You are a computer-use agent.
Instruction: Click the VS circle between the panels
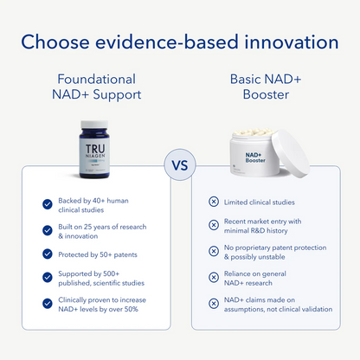[x=180, y=165]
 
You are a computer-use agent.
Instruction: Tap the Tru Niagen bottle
[x=94, y=149]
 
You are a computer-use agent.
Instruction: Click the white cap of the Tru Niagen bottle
[x=94, y=125]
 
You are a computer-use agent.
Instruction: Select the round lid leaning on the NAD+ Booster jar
[x=291, y=153]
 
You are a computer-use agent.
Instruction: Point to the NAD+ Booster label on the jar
[x=255, y=157]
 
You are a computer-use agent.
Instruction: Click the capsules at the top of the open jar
[x=254, y=132]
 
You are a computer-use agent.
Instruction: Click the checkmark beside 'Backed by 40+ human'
[x=48, y=204]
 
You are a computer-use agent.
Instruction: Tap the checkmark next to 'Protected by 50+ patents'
[x=48, y=254]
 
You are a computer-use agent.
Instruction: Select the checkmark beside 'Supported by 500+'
[x=48, y=277]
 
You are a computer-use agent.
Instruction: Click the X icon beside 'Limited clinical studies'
[x=214, y=202]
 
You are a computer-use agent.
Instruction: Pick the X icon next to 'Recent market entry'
[x=214, y=225]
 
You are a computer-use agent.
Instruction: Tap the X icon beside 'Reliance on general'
[x=214, y=277]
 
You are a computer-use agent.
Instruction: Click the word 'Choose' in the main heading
[x=55, y=42]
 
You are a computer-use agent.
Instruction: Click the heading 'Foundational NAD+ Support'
[x=97, y=87]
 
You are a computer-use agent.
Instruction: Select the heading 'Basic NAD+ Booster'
[x=266, y=87]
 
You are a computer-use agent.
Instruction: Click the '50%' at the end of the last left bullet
[x=132, y=309]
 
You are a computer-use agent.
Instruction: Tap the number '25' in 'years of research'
[x=87, y=227]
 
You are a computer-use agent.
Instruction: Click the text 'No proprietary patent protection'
[x=275, y=247]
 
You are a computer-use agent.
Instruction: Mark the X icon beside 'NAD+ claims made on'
[x=214, y=304]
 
